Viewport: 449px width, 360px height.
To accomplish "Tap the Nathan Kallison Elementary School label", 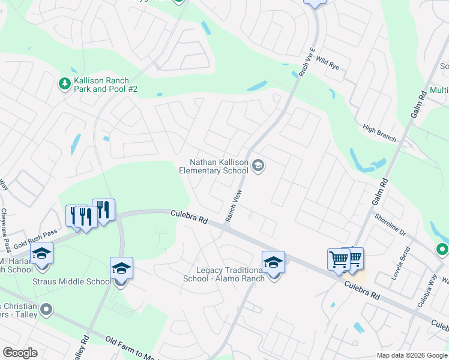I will (214, 166).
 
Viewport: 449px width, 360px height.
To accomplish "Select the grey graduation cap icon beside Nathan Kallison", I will (258, 166).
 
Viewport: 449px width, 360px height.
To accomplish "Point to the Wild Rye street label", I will (327, 62).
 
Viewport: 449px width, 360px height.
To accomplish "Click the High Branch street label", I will (379, 133).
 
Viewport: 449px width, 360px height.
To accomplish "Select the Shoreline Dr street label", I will (390, 225).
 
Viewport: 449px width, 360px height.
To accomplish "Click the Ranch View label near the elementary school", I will (234, 206).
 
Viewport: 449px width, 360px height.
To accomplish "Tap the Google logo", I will (20, 353).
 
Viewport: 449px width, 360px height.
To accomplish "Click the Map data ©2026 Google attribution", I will (412, 355).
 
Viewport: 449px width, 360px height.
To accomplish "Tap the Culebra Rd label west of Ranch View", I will (188, 217).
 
